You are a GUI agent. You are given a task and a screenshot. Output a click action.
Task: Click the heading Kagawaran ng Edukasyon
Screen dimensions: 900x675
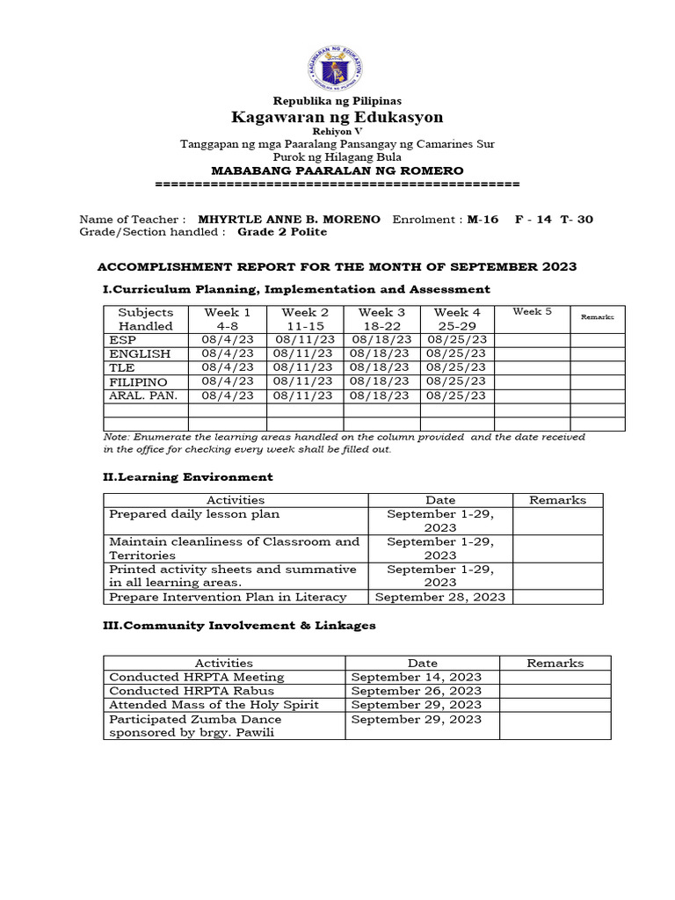(337, 117)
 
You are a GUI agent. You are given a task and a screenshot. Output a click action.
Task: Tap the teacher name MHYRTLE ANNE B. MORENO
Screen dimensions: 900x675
(289, 219)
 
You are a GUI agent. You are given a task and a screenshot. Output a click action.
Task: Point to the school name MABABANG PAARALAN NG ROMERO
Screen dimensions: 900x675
(337, 170)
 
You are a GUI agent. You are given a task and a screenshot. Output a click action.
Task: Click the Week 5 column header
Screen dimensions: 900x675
(532, 312)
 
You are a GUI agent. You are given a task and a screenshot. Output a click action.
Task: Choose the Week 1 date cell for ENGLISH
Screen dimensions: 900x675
(227, 353)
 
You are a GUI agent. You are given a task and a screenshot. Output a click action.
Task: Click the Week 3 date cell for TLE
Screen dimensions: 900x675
(381, 367)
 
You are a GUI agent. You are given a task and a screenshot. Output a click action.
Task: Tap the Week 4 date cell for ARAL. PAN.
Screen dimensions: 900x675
(456, 396)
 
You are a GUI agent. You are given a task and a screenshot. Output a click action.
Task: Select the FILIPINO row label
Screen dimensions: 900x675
(139, 381)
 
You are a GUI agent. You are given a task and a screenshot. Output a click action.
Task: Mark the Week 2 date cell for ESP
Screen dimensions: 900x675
(304, 339)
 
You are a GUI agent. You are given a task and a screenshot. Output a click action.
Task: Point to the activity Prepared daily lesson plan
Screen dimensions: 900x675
(194, 514)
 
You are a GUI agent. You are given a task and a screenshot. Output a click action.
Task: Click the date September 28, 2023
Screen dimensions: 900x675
(440, 597)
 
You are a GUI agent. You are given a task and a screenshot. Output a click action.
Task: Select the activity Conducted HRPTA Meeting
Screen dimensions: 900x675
(197, 677)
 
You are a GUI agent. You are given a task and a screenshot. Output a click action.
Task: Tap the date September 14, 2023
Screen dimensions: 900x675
(417, 677)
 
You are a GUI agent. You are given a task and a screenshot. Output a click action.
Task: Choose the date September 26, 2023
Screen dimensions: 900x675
(417, 691)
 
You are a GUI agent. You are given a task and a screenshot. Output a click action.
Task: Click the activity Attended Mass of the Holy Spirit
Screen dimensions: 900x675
(214, 705)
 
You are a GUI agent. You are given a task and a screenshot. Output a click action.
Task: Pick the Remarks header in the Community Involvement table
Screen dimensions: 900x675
(555, 664)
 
